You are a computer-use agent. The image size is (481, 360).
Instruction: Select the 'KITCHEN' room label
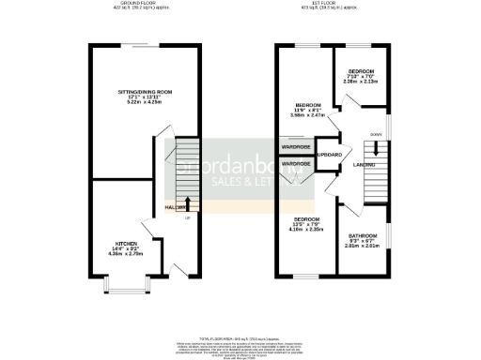click(x=113, y=243)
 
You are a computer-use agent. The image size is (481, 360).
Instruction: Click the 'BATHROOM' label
click(x=363, y=235)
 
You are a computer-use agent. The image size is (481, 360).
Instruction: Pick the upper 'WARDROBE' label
click(x=295, y=147)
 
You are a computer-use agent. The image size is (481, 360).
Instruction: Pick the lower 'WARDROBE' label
click(x=295, y=164)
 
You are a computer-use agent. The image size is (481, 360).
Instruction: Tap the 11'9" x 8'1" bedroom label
click(x=309, y=104)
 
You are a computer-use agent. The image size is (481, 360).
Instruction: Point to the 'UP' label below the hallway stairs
click(x=187, y=218)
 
